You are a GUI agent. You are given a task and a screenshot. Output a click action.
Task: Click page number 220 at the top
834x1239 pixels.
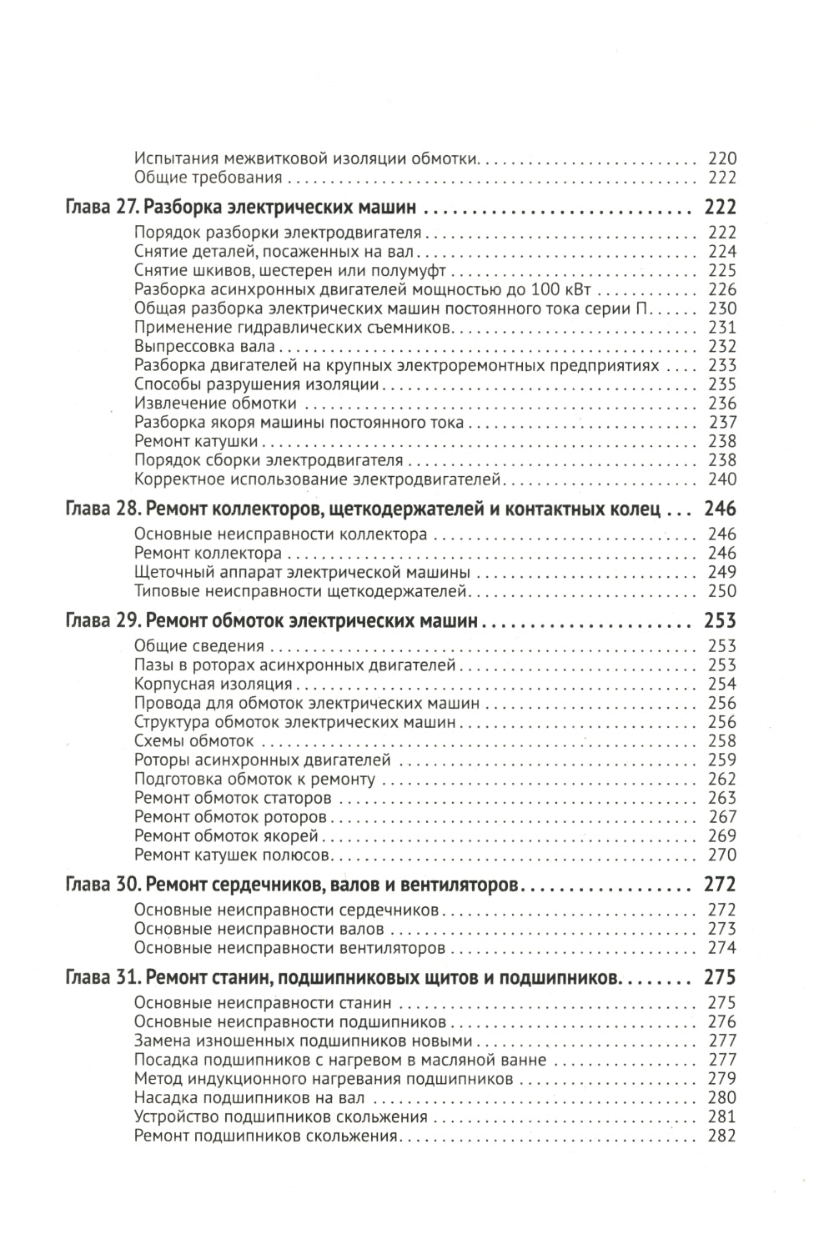[x=721, y=158]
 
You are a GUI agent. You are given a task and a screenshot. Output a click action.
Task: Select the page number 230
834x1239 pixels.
[x=721, y=308]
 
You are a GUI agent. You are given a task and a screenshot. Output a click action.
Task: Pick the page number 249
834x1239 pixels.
[x=721, y=573]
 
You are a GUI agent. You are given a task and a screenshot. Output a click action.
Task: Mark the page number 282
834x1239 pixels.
[x=721, y=1136]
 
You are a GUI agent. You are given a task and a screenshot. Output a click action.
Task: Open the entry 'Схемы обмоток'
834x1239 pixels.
[x=193, y=741]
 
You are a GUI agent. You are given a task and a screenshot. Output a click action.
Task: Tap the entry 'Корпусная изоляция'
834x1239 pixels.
[x=213, y=685]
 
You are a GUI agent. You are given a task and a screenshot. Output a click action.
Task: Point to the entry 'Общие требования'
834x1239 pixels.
[x=208, y=178]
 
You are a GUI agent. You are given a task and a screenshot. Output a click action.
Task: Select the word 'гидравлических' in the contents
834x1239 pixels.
[x=280, y=328]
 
